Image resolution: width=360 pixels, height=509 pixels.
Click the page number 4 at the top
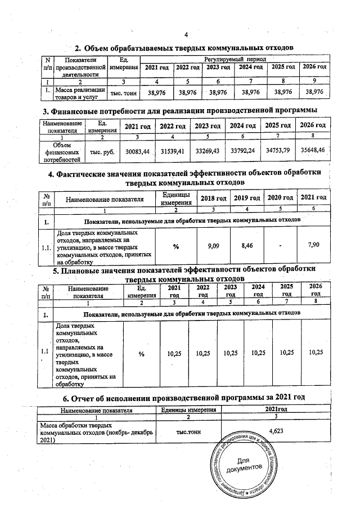pos(186,34)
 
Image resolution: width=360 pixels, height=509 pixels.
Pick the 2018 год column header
pos(214,199)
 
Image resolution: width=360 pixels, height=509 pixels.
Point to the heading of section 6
pos(183,398)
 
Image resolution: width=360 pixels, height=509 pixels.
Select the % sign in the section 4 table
pos(175,246)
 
